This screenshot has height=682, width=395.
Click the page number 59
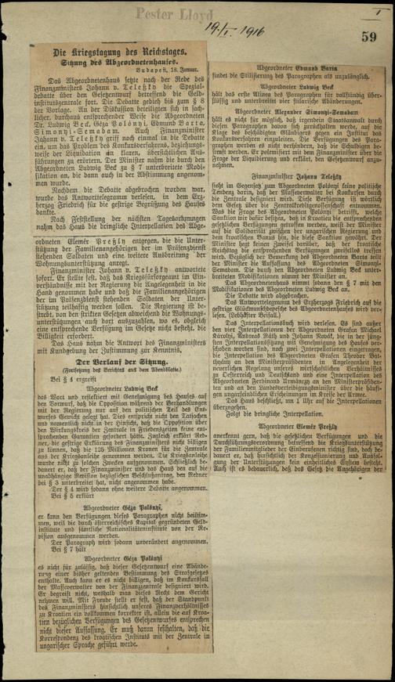pos(370,35)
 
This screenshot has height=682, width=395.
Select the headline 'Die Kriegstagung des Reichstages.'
pos(112,52)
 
